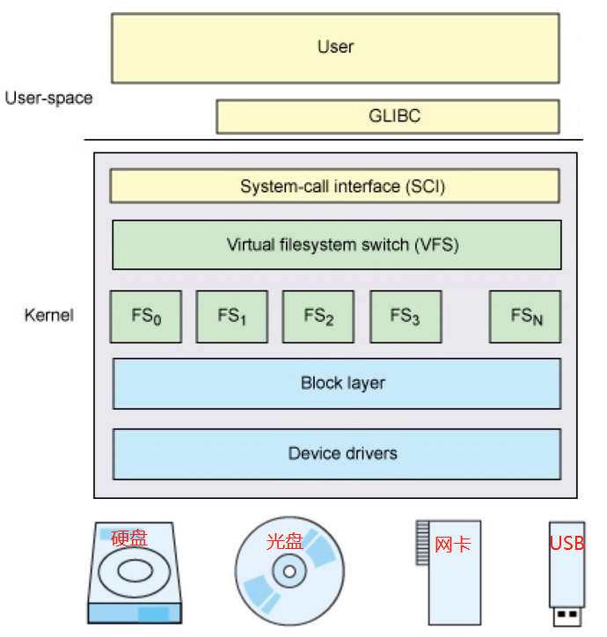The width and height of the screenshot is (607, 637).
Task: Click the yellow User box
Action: point(335,48)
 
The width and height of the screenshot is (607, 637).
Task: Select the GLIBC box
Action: point(388,116)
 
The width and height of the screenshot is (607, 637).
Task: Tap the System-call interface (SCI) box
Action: point(335,187)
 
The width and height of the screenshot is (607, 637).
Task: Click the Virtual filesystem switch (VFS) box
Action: point(336,245)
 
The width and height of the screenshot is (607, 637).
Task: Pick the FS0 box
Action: point(146,316)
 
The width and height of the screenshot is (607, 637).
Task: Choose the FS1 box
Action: point(231,316)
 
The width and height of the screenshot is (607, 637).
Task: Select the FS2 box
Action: point(318,316)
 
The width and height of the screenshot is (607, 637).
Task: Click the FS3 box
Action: point(405,316)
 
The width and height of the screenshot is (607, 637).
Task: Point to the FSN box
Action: point(525,316)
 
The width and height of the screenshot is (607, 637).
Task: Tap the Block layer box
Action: point(336,384)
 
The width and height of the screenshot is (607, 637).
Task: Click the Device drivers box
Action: point(336,454)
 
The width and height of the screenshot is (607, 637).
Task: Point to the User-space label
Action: point(48,98)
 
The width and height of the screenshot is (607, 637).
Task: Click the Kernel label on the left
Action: point(49,315)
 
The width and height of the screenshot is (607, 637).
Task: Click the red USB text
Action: point(567,543)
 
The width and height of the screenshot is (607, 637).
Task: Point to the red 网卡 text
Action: point(453,544)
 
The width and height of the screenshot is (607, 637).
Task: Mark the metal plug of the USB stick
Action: point(567,616)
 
